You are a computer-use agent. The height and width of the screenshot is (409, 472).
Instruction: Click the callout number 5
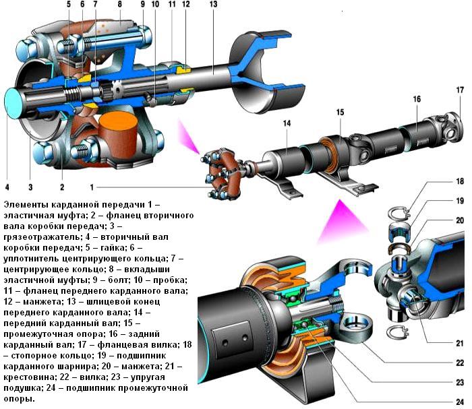coord(69,5)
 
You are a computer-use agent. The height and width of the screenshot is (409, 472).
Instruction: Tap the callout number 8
coord(119,5)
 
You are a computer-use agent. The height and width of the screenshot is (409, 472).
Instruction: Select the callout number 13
coord(213,5)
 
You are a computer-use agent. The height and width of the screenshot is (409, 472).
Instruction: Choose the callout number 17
coord(459,90)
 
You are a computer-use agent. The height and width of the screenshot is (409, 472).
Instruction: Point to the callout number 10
coord(155,5)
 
